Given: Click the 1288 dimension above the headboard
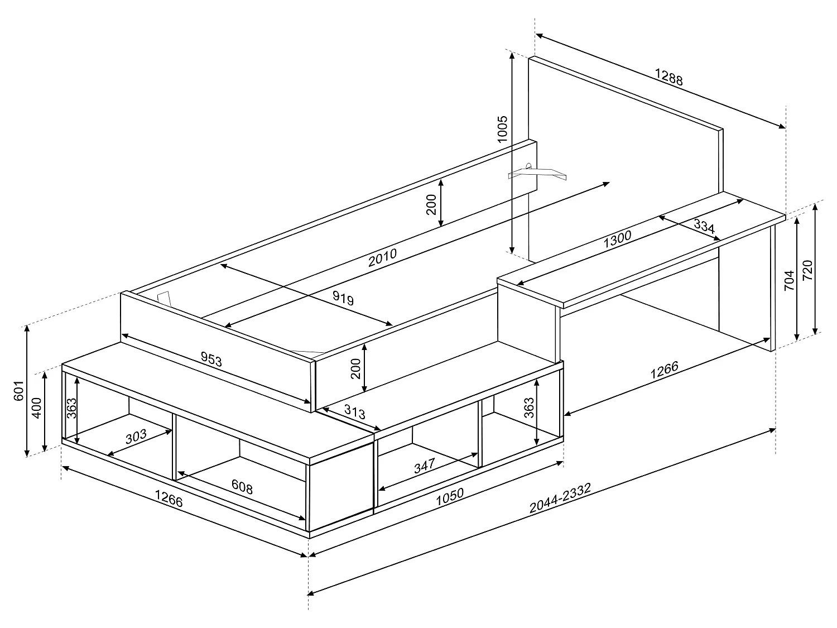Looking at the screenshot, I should [668, 77].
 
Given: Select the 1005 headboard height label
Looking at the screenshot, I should [502, 130].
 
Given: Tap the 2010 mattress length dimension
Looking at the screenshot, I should [382, 256].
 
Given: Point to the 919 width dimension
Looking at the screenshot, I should [343, 298].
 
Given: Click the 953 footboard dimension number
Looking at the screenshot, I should [211, 359].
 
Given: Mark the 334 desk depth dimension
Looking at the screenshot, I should [704, 226].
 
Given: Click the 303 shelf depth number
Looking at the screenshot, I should [136, 436].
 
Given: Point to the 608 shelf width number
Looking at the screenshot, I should [242, 486].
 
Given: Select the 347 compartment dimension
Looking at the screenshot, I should [425, 466].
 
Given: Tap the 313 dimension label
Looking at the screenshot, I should [354, 413].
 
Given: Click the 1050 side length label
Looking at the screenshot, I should [449, 496].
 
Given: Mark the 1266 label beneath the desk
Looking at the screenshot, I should [664, 370].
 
